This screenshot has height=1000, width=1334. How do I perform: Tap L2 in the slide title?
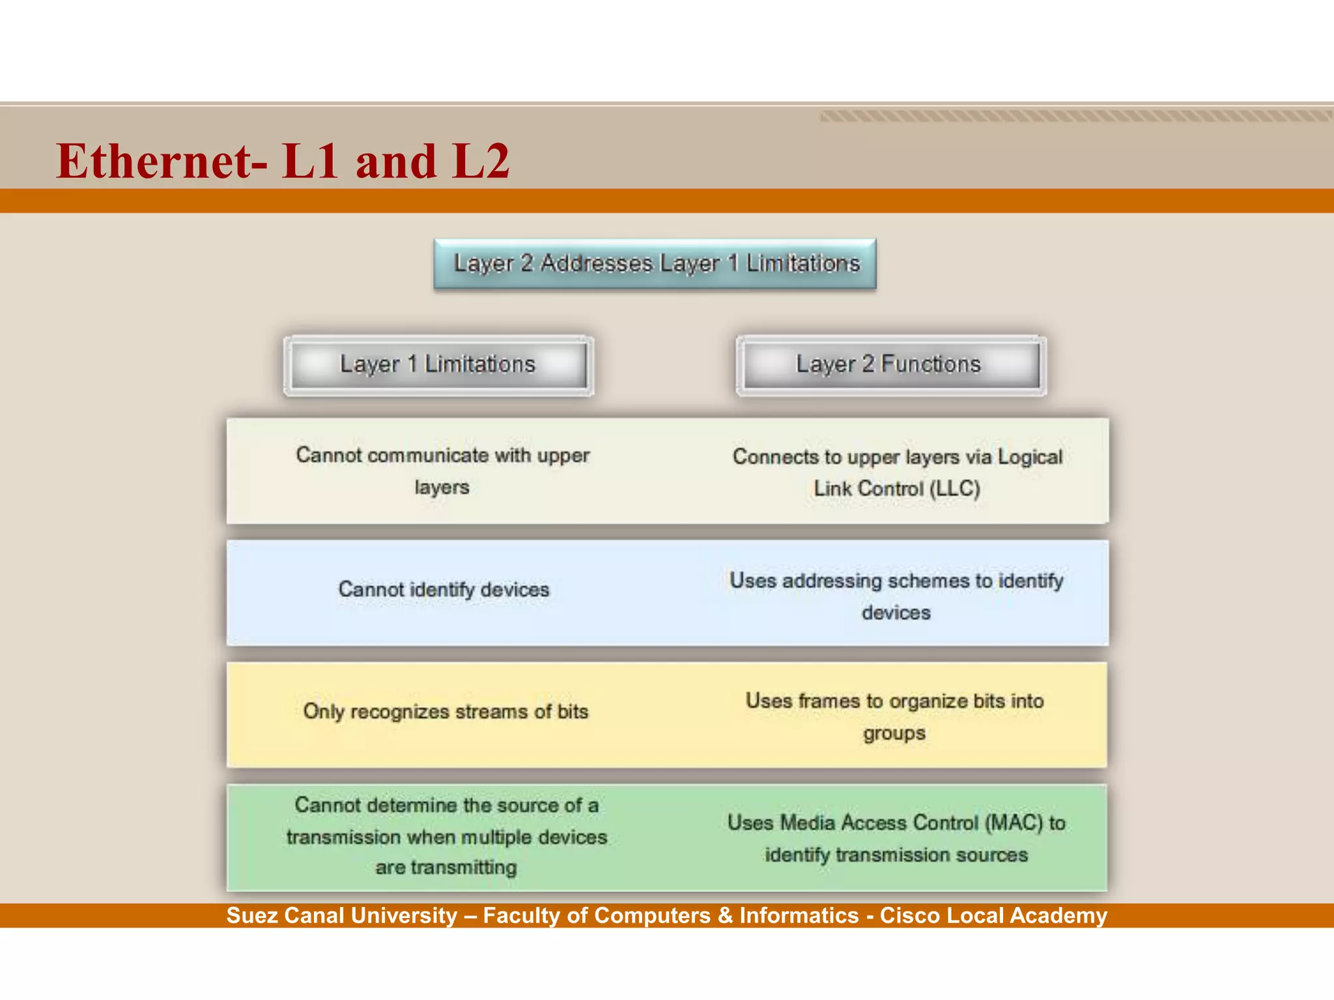click(x=481, y=161)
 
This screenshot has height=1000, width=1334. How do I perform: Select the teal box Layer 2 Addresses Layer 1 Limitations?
click(x=655, y=264)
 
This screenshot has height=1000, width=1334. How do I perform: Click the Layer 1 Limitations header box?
click(x=438, y=365)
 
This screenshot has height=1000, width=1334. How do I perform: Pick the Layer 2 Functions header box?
click(x=890, y=365)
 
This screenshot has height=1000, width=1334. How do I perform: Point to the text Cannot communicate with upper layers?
click(x=442, y=470)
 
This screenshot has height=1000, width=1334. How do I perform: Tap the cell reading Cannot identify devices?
click(x=444, y=590)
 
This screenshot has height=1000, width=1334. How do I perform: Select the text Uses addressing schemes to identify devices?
click(x=896, y=596)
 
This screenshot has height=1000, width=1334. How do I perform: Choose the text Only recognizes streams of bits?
click(x=446, y=712)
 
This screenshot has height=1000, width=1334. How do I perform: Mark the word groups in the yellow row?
click(x=894, y=734)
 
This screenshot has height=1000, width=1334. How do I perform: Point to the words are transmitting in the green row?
click(x=446, y=868)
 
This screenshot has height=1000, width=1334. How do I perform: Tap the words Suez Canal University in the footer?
click(x=342, y=916)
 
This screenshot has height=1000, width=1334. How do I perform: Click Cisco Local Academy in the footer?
click(x=993, y=916)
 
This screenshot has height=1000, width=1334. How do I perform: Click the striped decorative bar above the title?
click(x=1075, y=117)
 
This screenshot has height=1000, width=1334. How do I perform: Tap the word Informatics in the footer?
click(x=799, y=916)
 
